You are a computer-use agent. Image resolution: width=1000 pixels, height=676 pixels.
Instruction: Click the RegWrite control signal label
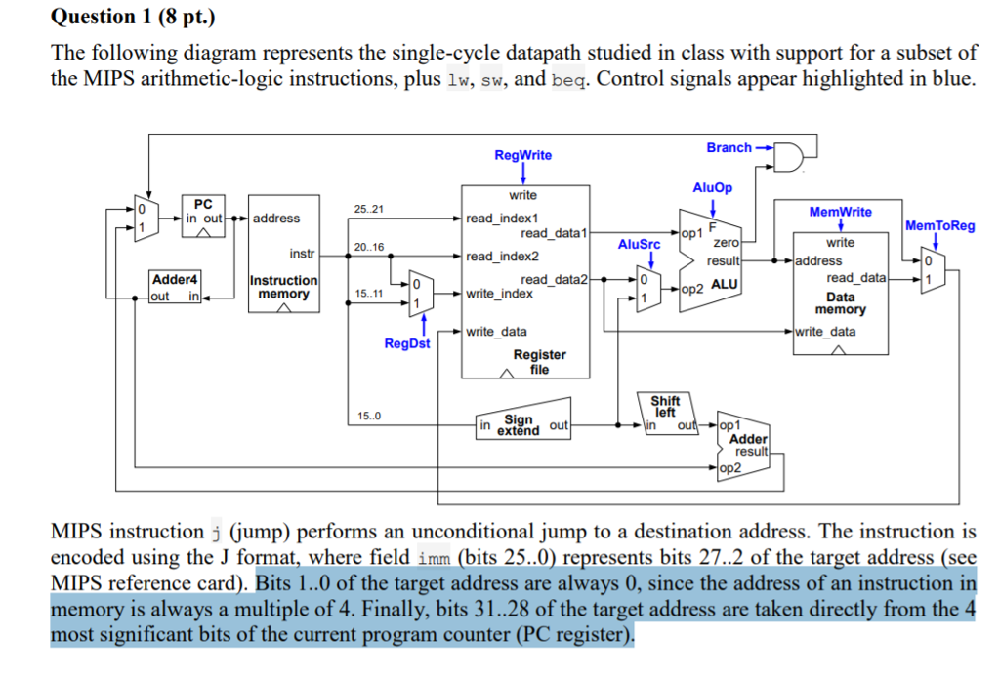tap(522, 155)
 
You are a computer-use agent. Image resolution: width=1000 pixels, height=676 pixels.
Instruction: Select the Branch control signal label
tap(729, 147)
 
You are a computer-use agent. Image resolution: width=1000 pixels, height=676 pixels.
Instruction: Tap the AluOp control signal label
tap(712, 188)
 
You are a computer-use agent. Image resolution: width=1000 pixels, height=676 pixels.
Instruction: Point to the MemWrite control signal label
tap(840, 212)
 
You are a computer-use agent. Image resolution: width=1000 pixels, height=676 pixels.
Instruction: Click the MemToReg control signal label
tap(939, 225)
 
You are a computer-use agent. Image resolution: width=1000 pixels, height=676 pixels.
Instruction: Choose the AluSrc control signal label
tap(639, 244)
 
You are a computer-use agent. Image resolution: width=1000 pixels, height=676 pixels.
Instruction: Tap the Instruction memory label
tap(283, 287)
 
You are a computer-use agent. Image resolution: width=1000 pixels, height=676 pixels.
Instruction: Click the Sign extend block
tap(523, 423)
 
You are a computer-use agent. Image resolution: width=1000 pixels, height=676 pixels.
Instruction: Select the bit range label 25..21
tap(368, 209)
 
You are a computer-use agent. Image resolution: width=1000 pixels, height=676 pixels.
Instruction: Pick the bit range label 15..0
tap(369, 417)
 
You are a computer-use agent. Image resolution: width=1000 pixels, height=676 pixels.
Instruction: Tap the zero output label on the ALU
tap(727, 242)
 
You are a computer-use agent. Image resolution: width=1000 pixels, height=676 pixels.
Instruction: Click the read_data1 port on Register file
tap(553, 233)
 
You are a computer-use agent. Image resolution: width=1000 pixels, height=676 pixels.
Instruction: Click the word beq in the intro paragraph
tap(568, 79)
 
